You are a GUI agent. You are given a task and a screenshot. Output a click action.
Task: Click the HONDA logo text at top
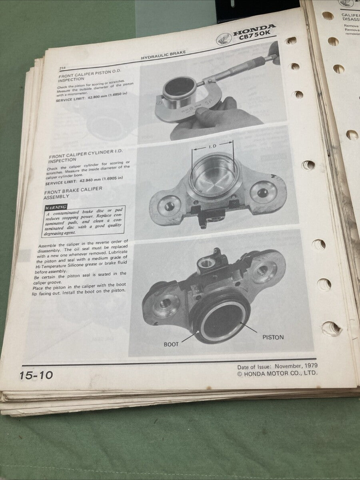254,30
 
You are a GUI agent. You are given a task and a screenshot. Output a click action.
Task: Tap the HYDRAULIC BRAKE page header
163,55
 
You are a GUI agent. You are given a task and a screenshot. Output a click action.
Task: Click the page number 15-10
36,375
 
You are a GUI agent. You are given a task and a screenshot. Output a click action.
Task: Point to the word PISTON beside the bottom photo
273,337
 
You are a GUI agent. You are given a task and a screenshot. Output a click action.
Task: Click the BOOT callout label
171,344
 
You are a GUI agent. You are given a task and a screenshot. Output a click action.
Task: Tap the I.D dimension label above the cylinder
212,147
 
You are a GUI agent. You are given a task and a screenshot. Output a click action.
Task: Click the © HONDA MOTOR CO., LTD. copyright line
277,373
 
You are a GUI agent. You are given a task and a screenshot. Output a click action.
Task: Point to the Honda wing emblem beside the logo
223,39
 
